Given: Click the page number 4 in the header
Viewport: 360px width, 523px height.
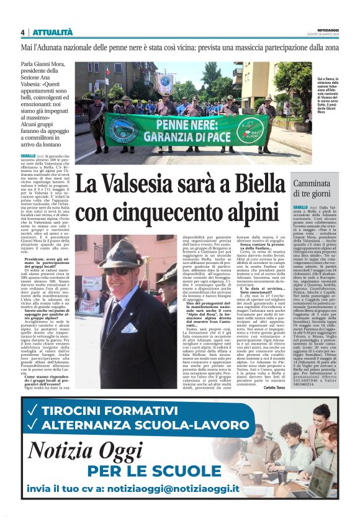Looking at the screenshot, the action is click(22, 32).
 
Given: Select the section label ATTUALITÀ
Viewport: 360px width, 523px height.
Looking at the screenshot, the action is click(53, 32).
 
